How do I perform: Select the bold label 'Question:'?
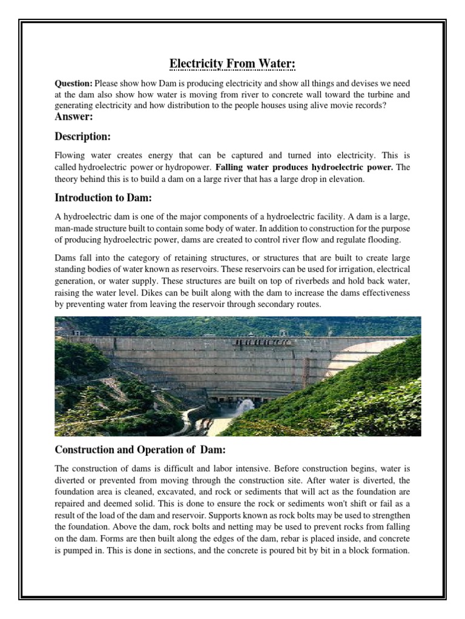tap(74, 83)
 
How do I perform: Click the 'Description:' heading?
tap(82, 137)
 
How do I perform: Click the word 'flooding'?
tap(382, 239)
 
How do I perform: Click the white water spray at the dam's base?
tap(245, 406)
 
